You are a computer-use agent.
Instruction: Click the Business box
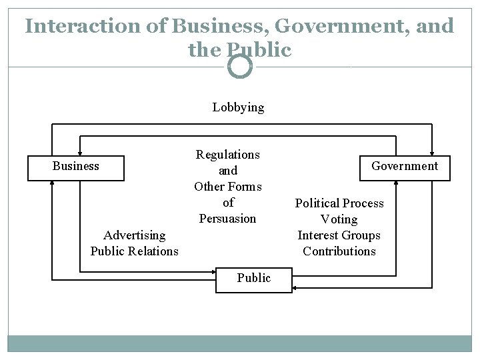click(x=75, y=168)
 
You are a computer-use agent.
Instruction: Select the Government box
click(x=405, y=168)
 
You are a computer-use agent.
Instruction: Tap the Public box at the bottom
click(x=253, y=279)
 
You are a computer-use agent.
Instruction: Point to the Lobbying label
click(x=238, y=107)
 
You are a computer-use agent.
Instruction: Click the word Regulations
click(x=228, y=155)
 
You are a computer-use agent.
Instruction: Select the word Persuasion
click(x=228, y=219)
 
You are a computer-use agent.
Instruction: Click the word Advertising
click(x=135, y=235)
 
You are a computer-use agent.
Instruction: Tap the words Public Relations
click(x=135, y=251)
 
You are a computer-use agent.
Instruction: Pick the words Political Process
click(x=339, y=203)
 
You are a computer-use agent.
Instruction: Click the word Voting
click(x=339, y=219)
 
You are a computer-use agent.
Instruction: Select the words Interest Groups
click(x=339, y=235)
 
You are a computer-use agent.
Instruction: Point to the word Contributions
click(x=339, y=251)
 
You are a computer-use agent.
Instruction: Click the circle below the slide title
click(x=240, y=66)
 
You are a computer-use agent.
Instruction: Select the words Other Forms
click(x=228, y=187)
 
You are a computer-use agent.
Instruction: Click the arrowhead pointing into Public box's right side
click(x=295, y=287)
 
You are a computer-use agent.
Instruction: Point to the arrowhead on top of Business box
click(x=79, y=151)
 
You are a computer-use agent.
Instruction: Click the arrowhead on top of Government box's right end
click(x=433, y=151)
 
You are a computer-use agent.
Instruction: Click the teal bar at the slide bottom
click(x=240, y=343)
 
